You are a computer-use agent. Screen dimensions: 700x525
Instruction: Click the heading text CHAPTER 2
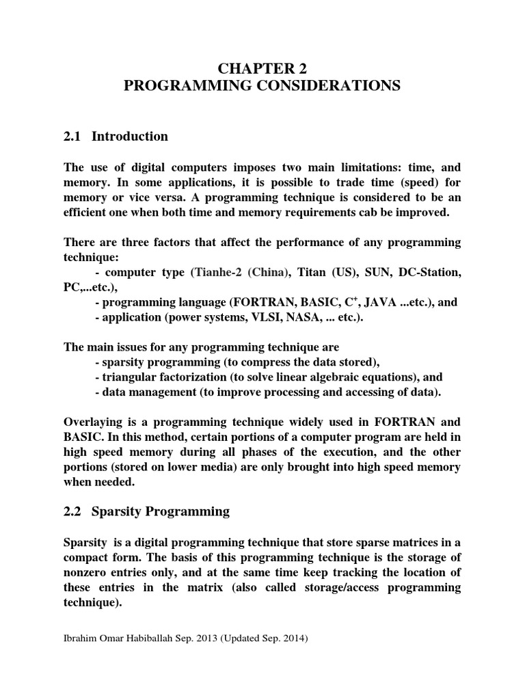tap(262, 68)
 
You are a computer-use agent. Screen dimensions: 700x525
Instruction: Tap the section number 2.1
tap(72, 136)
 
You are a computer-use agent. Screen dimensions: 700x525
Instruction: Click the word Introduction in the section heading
tap(130, 136)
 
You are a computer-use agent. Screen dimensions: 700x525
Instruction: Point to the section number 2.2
tap(72, 511)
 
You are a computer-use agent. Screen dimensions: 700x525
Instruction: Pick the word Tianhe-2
tap(219, 272)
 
